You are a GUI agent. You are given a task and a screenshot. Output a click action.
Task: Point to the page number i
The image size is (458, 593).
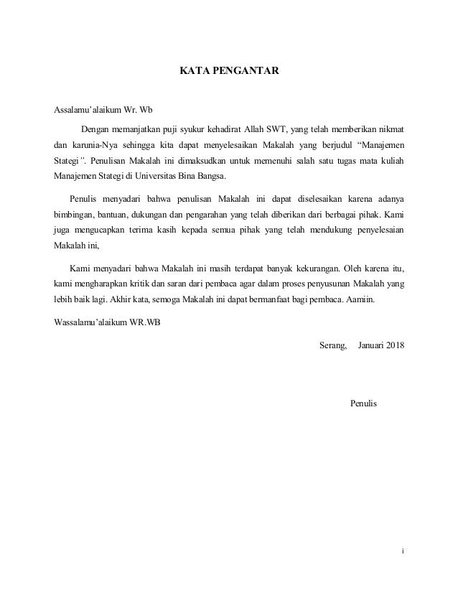coord(403,551)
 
